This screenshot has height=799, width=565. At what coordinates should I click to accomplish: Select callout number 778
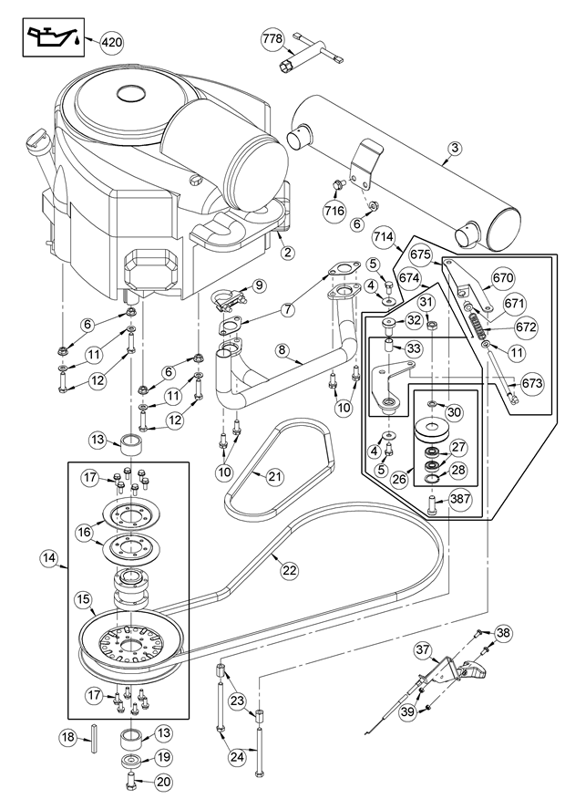click(x=272, y=39)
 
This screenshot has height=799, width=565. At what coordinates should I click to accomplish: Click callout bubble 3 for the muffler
click(x=455, y=147)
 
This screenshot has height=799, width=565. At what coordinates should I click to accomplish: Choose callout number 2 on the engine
click(x=286, y=253)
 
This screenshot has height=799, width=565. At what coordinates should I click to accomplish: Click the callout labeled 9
click(x=258, y=285)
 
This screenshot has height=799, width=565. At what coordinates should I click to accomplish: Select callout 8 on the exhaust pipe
click(x=283, y=349)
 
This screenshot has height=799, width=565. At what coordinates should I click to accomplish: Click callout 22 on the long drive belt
click(x=289, y=570)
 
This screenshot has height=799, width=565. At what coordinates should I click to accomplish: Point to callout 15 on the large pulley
click(x=83, y=600)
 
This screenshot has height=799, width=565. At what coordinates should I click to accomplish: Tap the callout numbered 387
click(x=459, y=500)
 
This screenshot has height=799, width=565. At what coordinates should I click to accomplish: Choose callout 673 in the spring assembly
click(x=531, y=384)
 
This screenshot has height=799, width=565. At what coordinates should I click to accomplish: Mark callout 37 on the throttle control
click(x=422, y=650)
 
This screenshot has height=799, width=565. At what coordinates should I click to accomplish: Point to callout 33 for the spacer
click(x=413, y=349)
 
